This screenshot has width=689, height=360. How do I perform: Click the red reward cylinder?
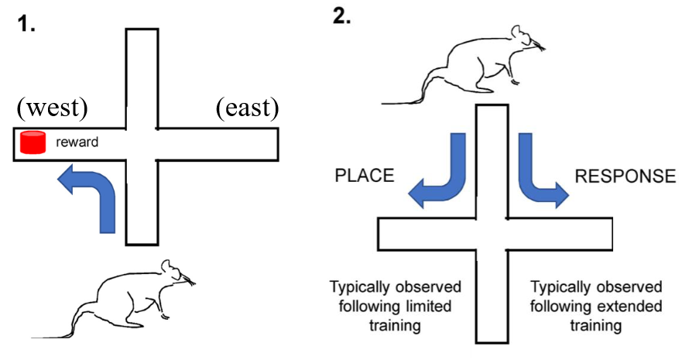33,142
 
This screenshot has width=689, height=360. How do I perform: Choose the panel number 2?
342,17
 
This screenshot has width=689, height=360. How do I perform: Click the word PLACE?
363,176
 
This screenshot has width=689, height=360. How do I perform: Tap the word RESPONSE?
625,177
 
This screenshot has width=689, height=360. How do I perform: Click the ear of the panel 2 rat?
515,32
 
